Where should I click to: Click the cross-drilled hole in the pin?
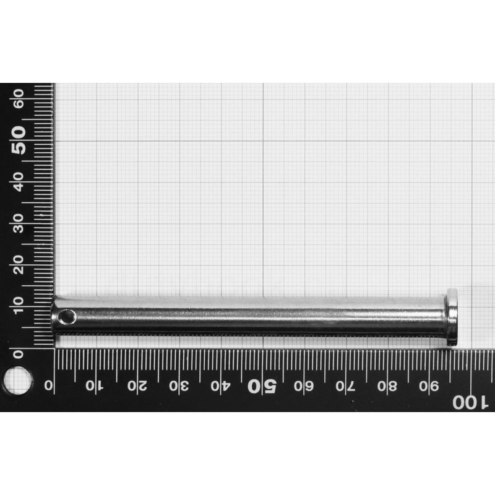click(x=67, y=317)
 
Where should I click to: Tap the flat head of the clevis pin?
click(x=452, y=316)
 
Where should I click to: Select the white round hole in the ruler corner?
click(x=17, y=380)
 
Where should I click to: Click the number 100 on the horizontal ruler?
click(x=470, y=402)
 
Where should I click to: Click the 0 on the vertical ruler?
click(x=19, y=354)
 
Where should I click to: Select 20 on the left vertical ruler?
click(x=19, y=264)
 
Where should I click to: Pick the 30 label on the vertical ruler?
click(x=19, y=222)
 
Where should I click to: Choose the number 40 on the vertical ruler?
click(x=19, y=181)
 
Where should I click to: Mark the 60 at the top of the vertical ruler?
click(x=19, y=97)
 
